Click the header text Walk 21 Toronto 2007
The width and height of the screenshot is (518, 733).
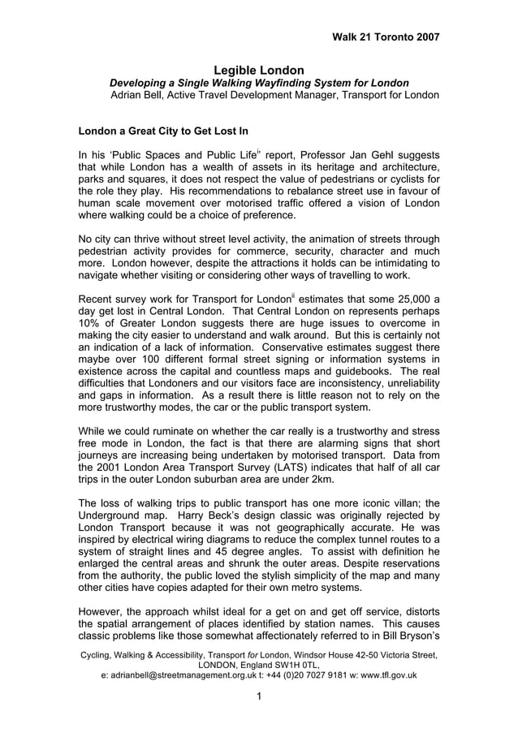[x=386, y=37]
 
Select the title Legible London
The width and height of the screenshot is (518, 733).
[x=259, y=71]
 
